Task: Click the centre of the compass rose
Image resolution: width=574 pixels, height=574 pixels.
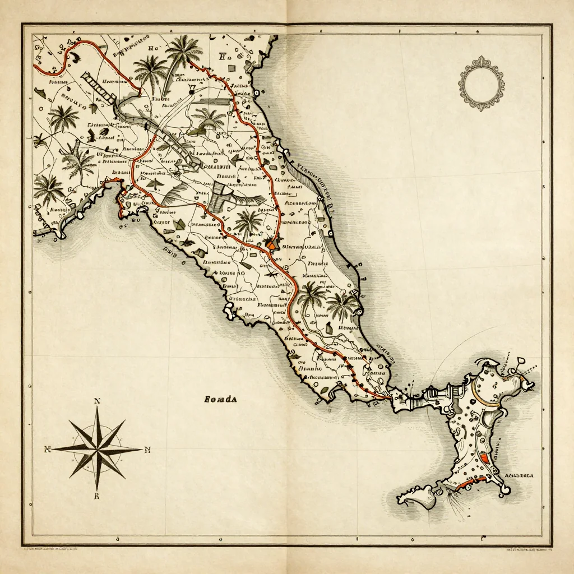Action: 97,448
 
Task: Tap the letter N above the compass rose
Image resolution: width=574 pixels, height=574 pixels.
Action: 97,401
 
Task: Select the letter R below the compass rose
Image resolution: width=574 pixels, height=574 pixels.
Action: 97,496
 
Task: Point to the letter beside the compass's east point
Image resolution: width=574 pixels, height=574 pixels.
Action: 148,449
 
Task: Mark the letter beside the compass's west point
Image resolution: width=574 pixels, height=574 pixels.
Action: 48,449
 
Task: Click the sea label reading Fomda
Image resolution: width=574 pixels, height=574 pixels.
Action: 221,399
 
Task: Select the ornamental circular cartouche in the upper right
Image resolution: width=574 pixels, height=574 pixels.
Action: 480,83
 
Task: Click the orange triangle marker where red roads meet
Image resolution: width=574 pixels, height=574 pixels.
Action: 271,244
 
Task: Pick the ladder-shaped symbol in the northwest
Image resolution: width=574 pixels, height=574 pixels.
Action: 98,87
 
